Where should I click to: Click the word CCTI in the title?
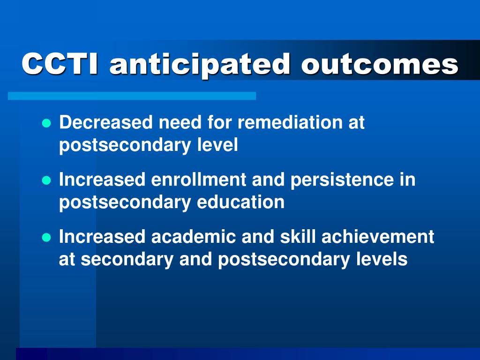[60, 63]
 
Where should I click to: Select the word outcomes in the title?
[380, 64]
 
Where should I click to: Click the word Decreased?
[105, 122]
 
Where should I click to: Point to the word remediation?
[290, 122]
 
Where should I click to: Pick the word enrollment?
[199, 179]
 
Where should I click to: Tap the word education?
[240, 202]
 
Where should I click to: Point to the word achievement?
[378, 237]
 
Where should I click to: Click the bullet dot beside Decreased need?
[46, 123]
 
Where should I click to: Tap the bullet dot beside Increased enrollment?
[46, 180]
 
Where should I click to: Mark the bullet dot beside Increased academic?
[46, 238]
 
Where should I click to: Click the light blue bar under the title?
[132, 96]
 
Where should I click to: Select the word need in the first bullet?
[180, 122]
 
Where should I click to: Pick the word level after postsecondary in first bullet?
[217, 145]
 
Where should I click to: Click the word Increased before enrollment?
[102, 179]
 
